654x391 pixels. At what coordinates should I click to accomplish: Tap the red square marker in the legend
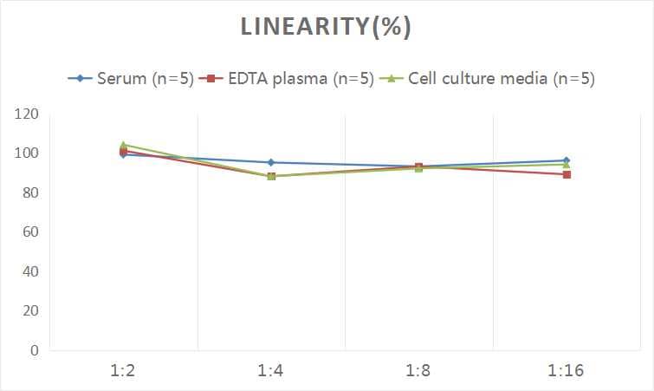209,79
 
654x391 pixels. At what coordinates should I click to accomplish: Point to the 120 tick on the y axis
28,114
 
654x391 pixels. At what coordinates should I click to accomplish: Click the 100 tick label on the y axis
28,153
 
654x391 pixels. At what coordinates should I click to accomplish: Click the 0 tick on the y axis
35,350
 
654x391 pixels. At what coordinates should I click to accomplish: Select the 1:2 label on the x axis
124,371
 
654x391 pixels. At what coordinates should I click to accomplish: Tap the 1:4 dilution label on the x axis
271,371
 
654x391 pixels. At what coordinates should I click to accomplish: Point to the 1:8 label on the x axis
418,371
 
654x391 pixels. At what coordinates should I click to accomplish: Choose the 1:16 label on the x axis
567,371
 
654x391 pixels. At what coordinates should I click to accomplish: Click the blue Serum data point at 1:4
271,162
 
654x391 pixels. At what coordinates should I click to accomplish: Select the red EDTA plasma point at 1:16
567,174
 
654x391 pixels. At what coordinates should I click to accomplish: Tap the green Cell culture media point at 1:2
124,145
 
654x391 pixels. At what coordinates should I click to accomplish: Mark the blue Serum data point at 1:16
567,160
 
